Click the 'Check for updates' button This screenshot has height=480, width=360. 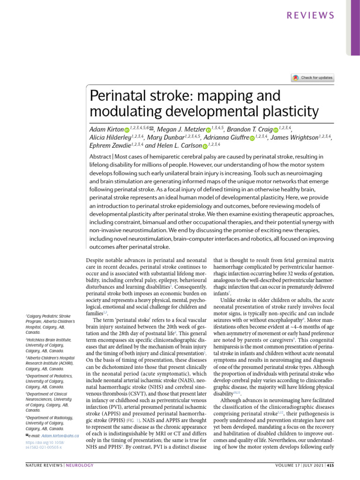(312, 77)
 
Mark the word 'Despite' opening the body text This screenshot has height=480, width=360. (97, 259)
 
